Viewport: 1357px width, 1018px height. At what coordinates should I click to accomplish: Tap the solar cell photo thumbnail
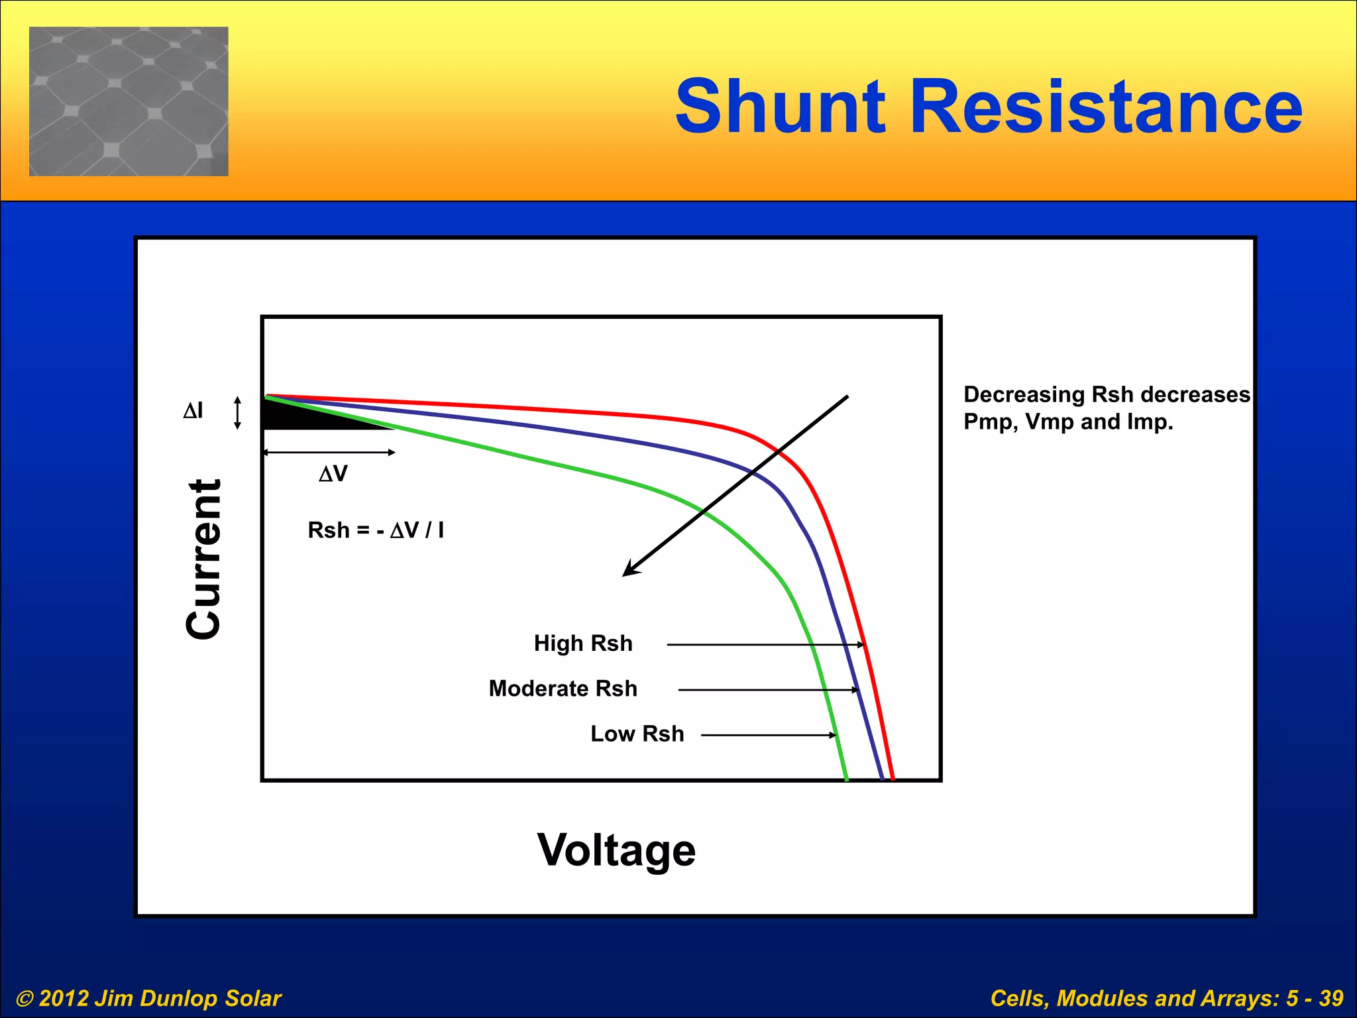click(129, 101)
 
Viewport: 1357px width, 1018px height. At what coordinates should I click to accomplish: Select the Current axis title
click(203, 559)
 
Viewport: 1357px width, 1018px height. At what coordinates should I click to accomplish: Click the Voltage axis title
click(616, 850)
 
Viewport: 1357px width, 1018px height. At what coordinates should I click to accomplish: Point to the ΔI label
click(193, 411)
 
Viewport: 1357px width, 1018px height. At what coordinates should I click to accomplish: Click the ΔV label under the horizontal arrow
click(333, 474)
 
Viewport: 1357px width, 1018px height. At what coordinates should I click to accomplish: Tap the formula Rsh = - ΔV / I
click(376, 530)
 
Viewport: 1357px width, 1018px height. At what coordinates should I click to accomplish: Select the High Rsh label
click(583, 644)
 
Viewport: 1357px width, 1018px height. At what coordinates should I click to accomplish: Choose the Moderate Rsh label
click(563, 689)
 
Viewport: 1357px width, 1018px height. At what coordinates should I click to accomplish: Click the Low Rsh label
click(637, 734)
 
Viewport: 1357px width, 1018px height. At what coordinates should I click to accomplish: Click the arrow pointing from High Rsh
click(765, 644)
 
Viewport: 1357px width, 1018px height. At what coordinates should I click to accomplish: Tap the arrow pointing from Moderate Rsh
click(769, 690)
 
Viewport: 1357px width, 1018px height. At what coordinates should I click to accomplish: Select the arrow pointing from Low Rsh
click(769, 735)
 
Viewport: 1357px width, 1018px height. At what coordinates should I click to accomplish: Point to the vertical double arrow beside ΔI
click(238, 413)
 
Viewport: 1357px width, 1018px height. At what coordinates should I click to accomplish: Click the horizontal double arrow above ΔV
click(329, 453)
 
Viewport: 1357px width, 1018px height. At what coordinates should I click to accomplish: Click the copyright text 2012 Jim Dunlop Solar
click(149, 998)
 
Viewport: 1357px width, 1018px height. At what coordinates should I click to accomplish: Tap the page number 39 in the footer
click(1330, 998)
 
